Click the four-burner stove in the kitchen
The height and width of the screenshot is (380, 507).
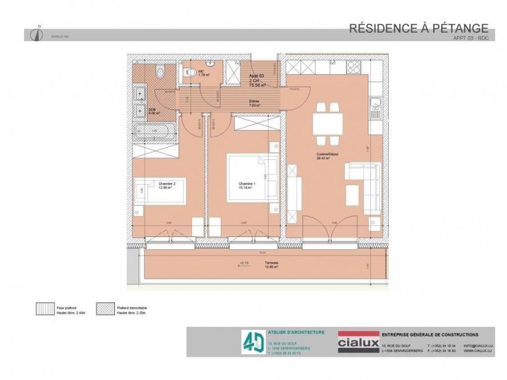(x=354, y=67)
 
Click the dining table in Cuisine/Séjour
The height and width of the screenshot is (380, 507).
(x=328, y=122)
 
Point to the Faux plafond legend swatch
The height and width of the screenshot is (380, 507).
(x=44, y=309)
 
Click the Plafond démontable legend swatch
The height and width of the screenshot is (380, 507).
(x=104, y=309)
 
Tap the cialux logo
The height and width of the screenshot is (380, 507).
(x=357, y=342)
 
